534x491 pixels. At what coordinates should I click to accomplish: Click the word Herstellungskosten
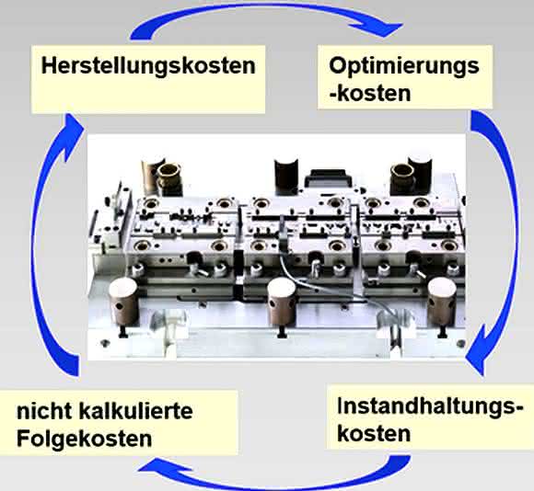(148, 65)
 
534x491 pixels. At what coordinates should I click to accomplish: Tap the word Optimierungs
(404, 66)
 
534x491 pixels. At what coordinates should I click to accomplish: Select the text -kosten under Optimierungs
(370, 93)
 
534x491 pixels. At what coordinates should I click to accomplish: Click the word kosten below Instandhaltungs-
(374, 434)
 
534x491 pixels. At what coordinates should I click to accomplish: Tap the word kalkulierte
(135, 411)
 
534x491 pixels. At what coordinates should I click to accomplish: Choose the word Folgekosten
(84, 439)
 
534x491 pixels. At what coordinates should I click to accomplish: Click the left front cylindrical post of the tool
(123, 303)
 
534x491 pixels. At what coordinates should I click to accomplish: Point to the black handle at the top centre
(327, 177)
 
